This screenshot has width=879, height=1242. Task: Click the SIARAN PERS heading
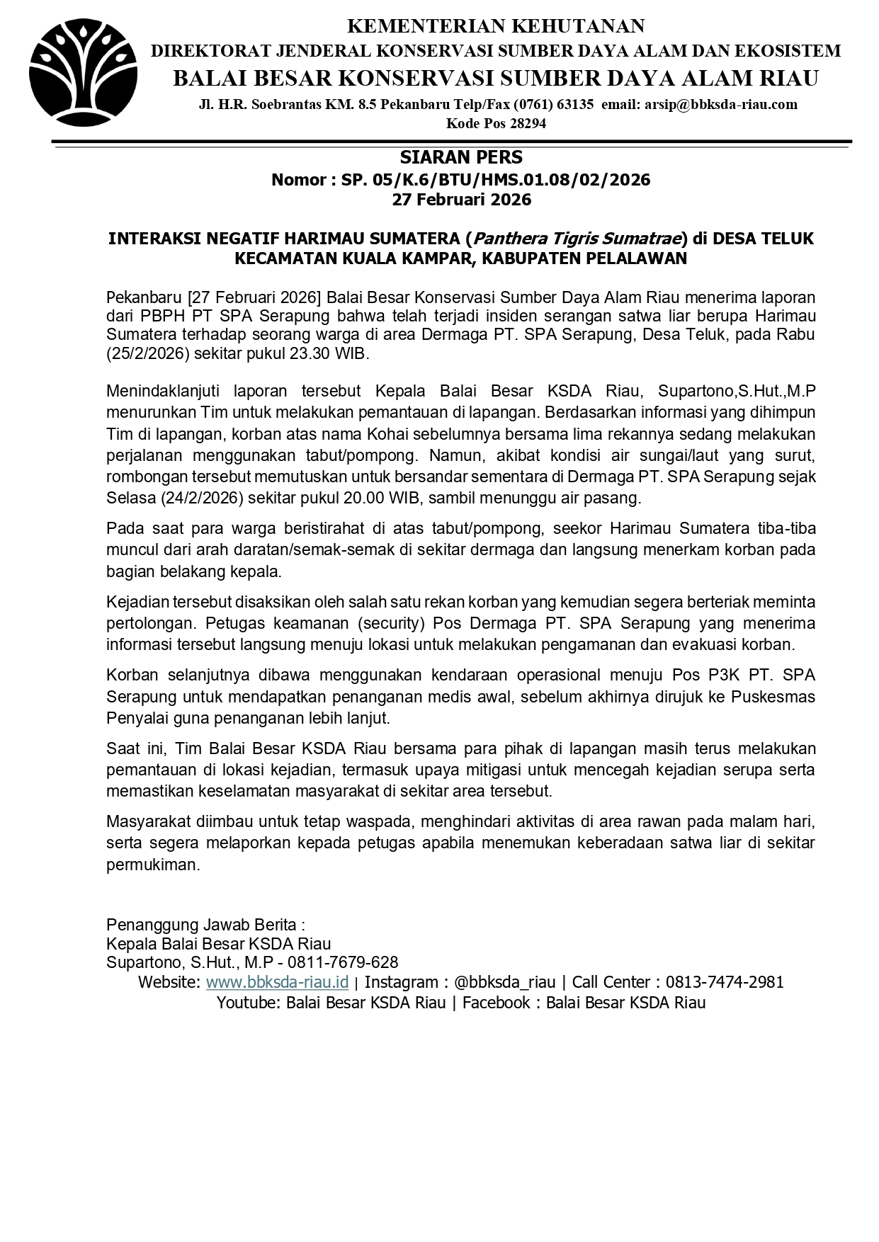[461, 157]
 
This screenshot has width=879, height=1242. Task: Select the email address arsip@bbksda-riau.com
[720, 105]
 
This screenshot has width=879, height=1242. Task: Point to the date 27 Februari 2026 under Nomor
[461, 200]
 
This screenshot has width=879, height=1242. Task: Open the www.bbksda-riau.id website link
[277, 982]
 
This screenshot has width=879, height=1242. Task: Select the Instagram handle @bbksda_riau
[504, 982]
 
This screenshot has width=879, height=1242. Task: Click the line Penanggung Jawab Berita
[205, 924]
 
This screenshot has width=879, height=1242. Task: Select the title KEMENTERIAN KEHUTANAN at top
[496, 26]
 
